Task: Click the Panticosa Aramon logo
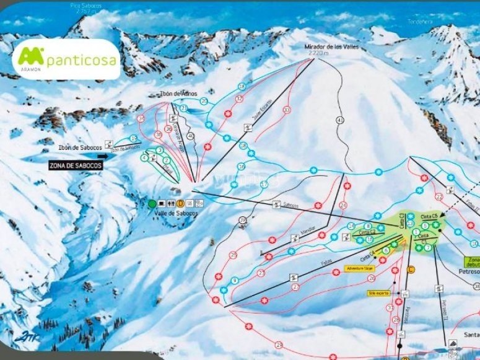66,59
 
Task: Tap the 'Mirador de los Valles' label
331,47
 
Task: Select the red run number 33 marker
286,110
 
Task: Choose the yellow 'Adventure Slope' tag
359,268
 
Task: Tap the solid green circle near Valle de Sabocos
152,203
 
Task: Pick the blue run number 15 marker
134,138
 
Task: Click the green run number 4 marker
144,158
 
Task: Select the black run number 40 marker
191,135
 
